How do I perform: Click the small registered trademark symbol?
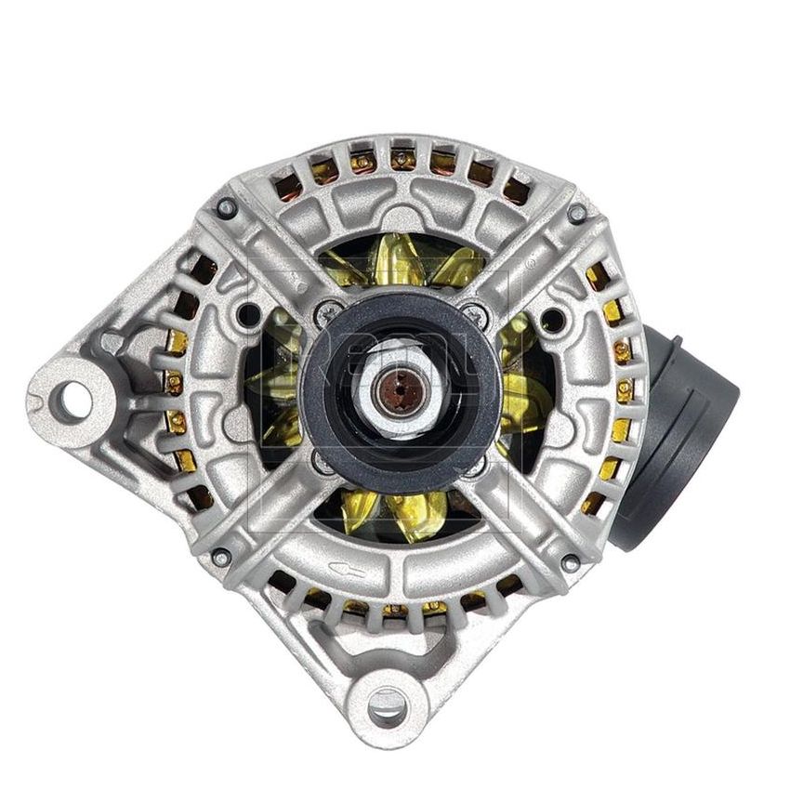pos(531,263)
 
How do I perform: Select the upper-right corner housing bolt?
pos(577,212)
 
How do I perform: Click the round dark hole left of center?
pos(249,316)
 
